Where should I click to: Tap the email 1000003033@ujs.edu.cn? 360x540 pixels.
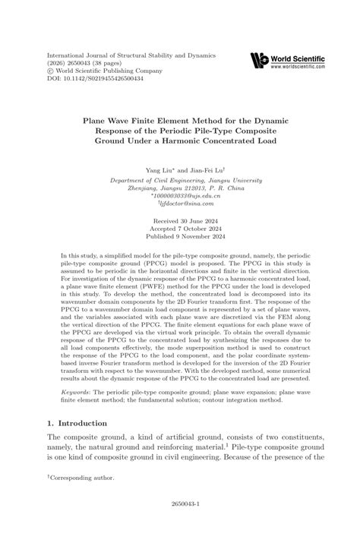point(180,195)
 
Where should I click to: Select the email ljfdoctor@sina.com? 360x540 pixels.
point(181,204)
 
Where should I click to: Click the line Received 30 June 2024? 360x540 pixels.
point(179,221)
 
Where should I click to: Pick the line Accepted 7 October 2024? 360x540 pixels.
point(179,229)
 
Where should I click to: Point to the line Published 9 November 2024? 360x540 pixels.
point(179,238)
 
